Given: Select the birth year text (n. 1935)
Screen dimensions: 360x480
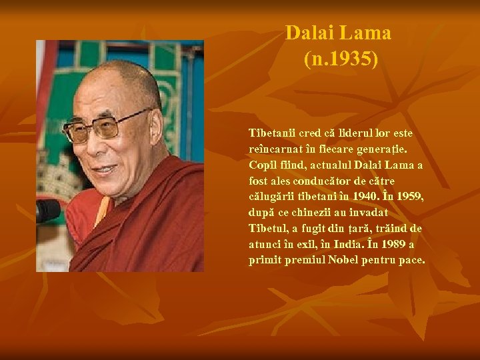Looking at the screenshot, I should coord(341,60).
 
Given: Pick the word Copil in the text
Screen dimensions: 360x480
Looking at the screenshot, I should coord(262,165).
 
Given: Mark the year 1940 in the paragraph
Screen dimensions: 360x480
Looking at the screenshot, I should coord(371,197).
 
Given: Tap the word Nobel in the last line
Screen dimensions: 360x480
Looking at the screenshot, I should coord(343,261).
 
